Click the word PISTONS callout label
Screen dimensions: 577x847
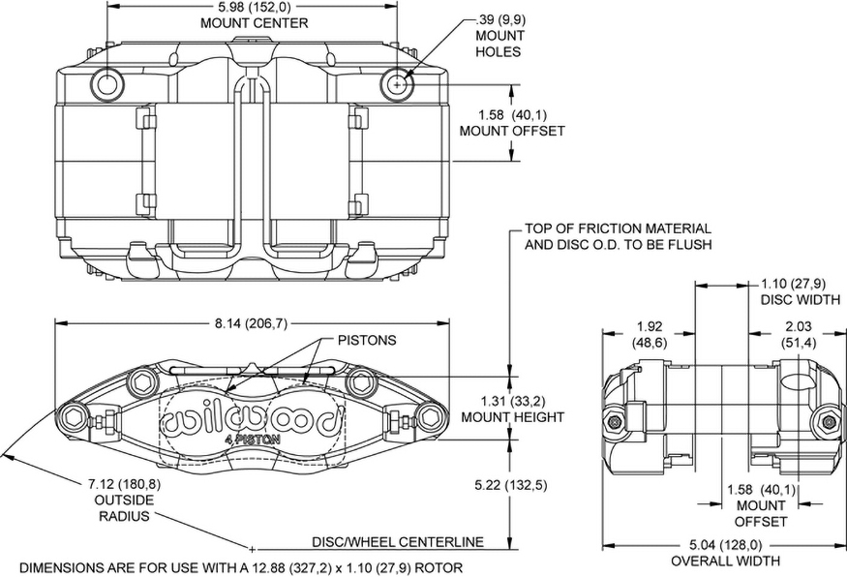pos(367,341)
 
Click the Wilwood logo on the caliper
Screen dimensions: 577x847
pos(254,419)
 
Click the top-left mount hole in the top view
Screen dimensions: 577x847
pos(106,85)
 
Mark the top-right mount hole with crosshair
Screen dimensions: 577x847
pos(396,85)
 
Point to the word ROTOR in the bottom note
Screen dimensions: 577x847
pos(441,567)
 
